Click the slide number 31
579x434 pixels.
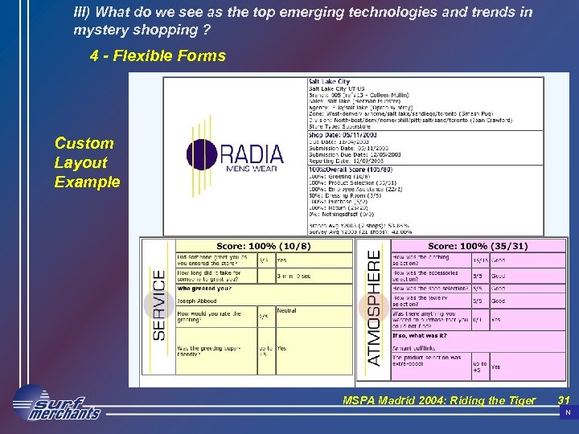click(564, 400)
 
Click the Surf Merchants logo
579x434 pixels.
click(56, 404)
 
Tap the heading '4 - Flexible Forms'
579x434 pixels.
click(158, 56)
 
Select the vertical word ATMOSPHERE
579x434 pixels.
click(374, 307)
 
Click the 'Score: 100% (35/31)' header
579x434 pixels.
click(478, 245)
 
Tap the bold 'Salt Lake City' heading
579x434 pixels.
click(329, 82)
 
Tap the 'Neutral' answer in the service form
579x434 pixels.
click(286, 309)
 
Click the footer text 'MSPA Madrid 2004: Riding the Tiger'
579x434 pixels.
click(438, 400)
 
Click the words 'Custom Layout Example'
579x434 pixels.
click(87, 162)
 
